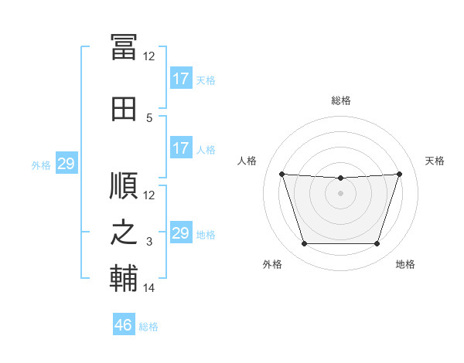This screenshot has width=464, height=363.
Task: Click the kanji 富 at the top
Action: pos(124,47)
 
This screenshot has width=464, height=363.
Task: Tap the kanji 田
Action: pos(124,109)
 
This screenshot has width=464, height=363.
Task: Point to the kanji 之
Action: pos(124,232)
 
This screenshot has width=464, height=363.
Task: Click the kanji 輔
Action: pos(124,279)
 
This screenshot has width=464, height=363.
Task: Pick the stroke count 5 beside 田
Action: pos(150,118)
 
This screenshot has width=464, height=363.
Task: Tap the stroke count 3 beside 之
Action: pos(150,242)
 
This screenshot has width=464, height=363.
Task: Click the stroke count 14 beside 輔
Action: pos(149,288)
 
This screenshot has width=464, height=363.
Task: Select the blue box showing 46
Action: pos(124,325)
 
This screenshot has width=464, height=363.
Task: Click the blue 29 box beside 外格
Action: pos(66,164)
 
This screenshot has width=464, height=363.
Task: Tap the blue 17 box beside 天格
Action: pos(180,78)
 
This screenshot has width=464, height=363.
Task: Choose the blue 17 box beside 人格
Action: pos(180,148)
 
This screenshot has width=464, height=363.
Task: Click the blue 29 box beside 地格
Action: pos(180,233)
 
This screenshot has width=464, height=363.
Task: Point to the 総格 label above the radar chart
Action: pos(340,100)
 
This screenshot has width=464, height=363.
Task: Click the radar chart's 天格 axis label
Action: pos(435,161)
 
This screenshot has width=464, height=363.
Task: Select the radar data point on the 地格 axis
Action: pos(377,244)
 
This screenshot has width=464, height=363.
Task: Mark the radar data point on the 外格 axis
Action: pos(304,244)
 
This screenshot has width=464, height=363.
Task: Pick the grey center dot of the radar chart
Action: pos(340,193)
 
